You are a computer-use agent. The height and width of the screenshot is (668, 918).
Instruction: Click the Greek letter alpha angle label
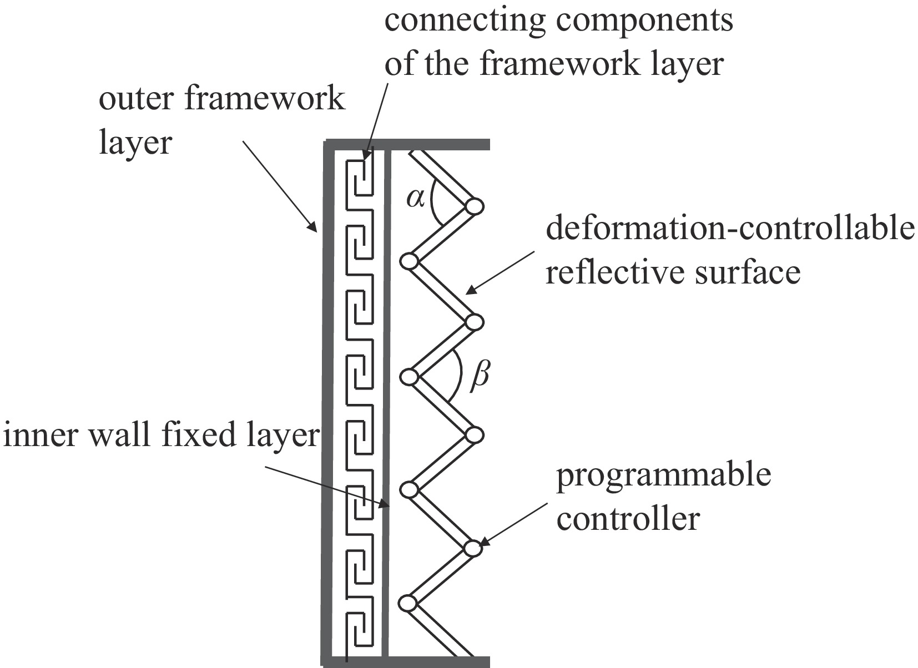point(415,198)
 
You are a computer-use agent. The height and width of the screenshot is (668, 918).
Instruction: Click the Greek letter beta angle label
point(480,376)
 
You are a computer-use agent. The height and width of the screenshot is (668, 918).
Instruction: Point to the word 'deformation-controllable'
point(730,229)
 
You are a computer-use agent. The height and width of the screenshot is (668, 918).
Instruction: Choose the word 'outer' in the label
point(136,100)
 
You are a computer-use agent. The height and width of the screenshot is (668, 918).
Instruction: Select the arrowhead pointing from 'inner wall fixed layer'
point(384,504)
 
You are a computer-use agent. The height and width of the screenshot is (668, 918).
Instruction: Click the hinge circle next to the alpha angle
point(474,206)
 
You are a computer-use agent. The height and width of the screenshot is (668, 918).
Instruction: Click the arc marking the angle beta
point(458,376)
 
